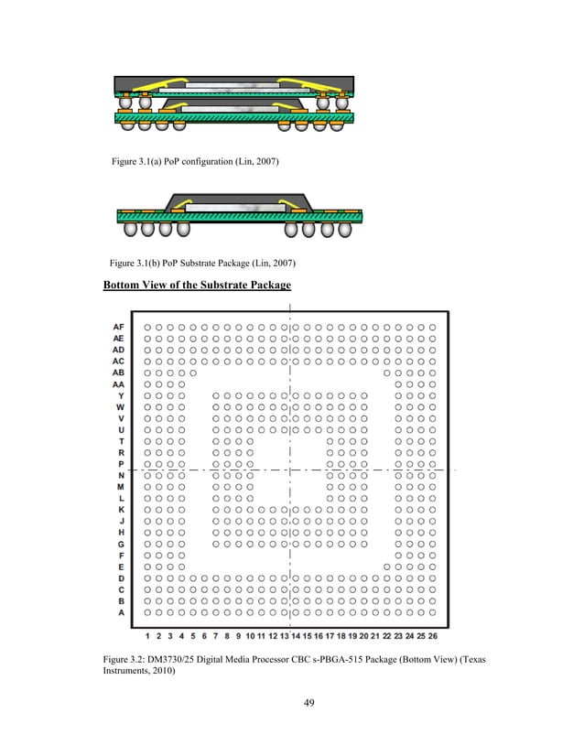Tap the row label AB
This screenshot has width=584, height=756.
tap(117, 373)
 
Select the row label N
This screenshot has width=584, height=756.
tap(121, 476)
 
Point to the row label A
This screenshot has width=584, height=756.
tap(121, 613)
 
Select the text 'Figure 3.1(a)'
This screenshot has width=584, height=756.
tap(138, 162)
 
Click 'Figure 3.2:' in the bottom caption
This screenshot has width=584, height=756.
tap(128, 660)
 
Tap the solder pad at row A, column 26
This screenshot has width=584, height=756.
tap(432, 613)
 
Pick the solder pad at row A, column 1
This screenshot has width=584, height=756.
tap(148, 613)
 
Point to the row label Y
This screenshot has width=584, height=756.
tap(121, 395)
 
